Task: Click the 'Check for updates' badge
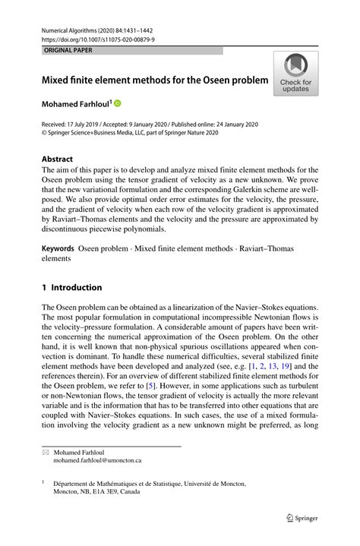pyautogui.click(x=295, y=74)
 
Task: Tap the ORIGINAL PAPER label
pyautogui.click(x=65, y=50)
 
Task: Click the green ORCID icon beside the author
pyautogui.click(x=118, y=102)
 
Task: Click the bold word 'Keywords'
pyautogui.click(x=58, y=248)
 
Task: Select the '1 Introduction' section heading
pyautogui.click(x=71, y=288)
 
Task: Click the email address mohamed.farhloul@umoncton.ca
pyautogui.click(x=97, y=460)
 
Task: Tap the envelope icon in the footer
pyautogui.click(x=45, y=451)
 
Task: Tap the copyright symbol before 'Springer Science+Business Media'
pyautogui.click(x=44, y=131)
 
